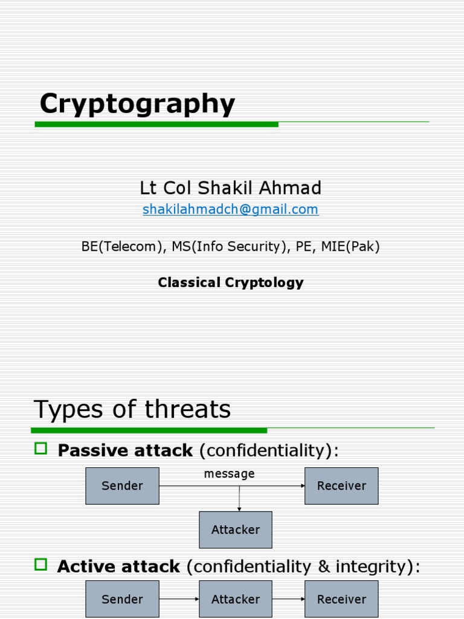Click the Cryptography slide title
click(x=137, y=104)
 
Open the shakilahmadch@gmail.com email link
click(x=230, y=209)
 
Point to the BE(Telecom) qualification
click(x=118, y=247)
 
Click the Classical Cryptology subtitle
click(x=230, y=282)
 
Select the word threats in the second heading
click(x=188, y=409)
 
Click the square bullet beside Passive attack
click(x=41, y=449)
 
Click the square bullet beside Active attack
click(x=41, y=565)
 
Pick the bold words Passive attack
click(x=125, y=450)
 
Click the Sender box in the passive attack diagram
click(x=122, y=485)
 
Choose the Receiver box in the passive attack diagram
click(x=341, y=485)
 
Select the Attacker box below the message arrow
click(x=236, y=530)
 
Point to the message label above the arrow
click(x=229, y=474)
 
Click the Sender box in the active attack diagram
click(x=122, y=599)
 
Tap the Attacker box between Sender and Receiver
click(x=236, y=599)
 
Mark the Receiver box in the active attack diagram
click(x=341, y=599)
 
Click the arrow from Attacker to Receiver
click(x=288, y=599)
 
